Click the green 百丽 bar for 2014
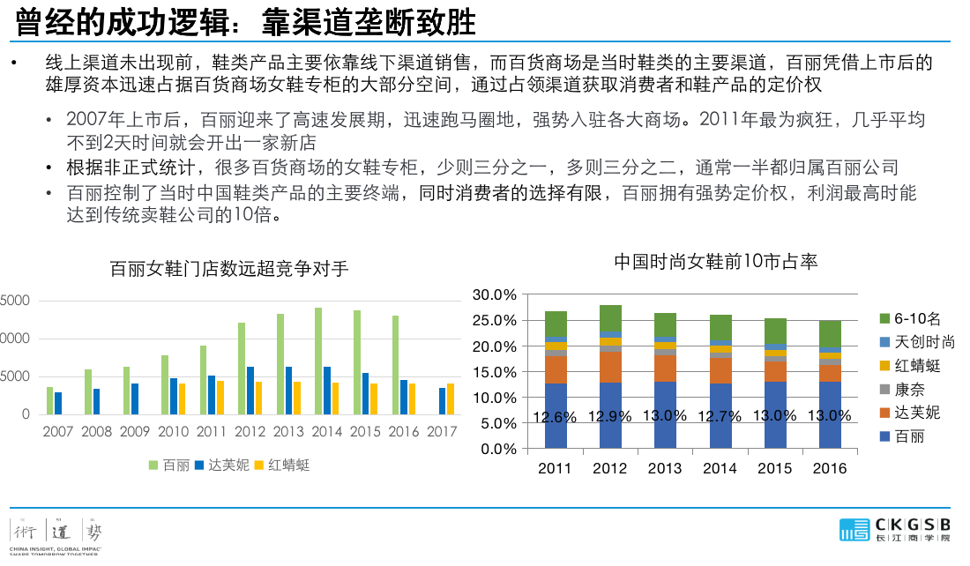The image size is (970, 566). point(318,361)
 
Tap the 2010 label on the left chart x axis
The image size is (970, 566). point(173,432)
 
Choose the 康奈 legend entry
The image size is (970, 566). point(910,389)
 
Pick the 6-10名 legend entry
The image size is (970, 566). point(917,318)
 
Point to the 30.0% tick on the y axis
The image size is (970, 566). point(494,294)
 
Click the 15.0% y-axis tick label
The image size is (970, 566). point(494,372)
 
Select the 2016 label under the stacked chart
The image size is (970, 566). point(829,468)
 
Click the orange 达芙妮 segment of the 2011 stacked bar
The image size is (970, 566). point(556,369)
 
